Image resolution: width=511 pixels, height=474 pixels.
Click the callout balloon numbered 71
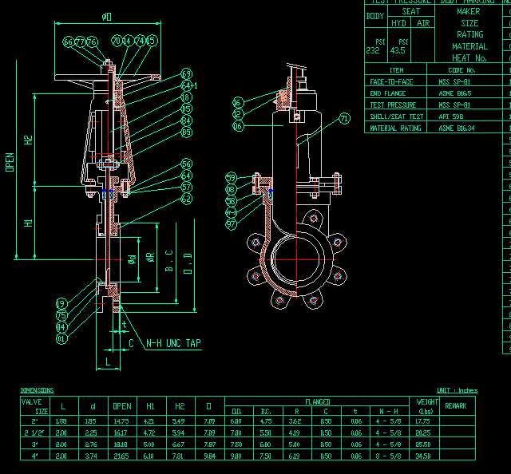(x=345, y=118)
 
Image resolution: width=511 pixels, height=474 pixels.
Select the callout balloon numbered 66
(x=68, y=41)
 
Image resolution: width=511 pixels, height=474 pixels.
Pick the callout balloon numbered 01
(x=61, y=338)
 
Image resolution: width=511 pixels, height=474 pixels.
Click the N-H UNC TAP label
(x=173, y=343)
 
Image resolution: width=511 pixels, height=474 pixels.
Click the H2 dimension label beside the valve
(x=29, y=140)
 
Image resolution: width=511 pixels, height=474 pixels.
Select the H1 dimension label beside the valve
(x=29, y=223)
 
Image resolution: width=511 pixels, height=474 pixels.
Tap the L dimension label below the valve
(x=107, y=362)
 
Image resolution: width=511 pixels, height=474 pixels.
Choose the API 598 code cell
(x=450, y=117)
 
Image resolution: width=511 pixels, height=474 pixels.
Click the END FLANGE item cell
(x=388, y=93)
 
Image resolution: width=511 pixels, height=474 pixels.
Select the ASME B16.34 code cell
(x=456, y=128)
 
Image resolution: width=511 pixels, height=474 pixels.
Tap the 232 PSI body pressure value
(x=373, y=50)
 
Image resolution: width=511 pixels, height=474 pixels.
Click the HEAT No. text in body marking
(x=469, y=58)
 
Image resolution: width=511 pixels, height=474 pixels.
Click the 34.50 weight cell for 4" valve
(x=423, y=456)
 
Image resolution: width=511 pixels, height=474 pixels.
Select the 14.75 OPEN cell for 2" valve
(x=121, y=421)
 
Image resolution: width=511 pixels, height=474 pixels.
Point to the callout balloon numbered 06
(x=237, y=126)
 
